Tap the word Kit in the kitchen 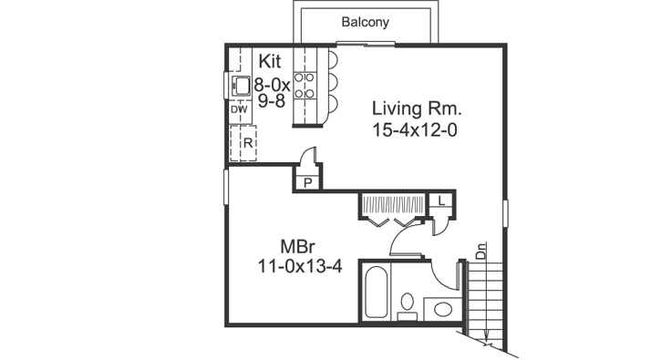tap(270, 61)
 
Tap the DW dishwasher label tap(239, 110)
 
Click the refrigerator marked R tap(245, 143)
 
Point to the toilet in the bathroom tap(408, 303)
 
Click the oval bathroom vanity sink tap(443, 309)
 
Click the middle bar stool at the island tap(331, 80)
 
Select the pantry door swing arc tap(311, 155)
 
